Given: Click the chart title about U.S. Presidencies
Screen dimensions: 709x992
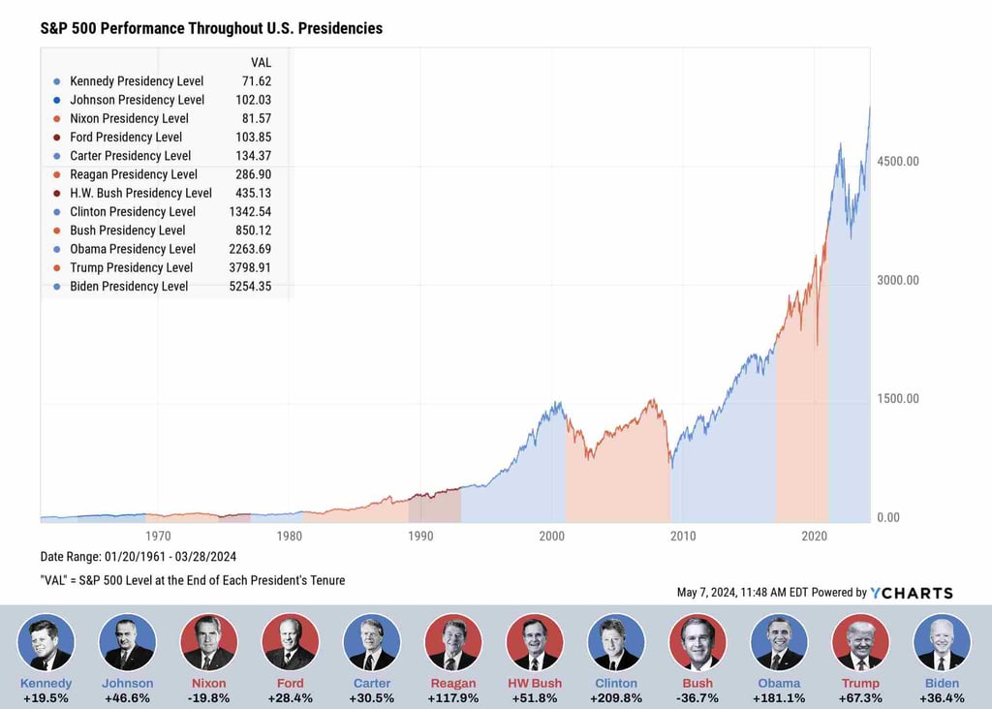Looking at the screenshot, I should [211, 28].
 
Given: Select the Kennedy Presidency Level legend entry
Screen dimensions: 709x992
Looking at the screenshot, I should [136, 81].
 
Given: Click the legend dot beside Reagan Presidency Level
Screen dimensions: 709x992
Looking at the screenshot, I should [57, 174].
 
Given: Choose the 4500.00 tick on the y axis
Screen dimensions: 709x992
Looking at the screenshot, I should [897, 161].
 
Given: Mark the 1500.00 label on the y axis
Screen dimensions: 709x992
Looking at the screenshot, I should [897, 398].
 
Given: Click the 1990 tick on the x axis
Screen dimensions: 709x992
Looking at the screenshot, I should [420, 536].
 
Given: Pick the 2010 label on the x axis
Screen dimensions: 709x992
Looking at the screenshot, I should [683, 536].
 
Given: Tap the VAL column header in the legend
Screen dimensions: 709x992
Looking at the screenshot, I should [261, 63].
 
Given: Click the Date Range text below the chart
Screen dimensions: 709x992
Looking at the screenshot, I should [139, 557].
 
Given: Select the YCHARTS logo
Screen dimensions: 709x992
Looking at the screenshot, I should [912, 593].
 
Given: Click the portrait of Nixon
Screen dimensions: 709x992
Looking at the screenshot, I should [209, 642].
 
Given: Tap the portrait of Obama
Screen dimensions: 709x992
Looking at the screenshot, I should [779, 642].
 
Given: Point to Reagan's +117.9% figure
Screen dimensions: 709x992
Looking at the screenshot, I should [453, 697].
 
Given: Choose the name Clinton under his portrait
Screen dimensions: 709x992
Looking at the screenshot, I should [616, 683].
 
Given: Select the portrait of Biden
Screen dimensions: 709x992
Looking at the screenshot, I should [942, 642].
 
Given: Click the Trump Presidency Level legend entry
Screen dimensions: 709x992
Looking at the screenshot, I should [131, 267].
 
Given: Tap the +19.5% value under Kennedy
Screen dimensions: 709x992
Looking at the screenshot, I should [46, 697].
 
